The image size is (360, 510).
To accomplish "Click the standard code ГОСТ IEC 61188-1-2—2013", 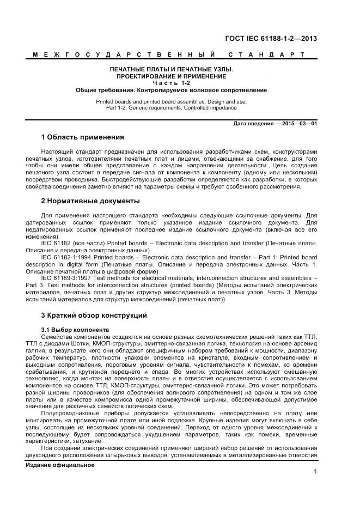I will coord(271,39).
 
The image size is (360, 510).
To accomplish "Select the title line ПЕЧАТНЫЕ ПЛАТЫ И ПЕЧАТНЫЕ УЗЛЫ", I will coord(172,70).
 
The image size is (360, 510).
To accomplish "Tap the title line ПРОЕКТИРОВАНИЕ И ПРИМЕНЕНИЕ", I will coord(172,76).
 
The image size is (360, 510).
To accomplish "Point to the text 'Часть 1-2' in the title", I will coord(172,83).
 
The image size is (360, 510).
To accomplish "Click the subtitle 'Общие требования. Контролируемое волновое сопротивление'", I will coord(172,90).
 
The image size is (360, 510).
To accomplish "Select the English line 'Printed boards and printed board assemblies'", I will coord(172,102).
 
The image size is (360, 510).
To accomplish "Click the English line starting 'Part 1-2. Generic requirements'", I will coord(172,108).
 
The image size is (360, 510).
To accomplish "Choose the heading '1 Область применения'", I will coord(83,137).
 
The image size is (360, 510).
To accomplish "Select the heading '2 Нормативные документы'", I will coord(90,201).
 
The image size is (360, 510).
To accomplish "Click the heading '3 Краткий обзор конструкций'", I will coord(94,315).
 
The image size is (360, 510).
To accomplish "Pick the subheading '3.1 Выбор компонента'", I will coord(75,330).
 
